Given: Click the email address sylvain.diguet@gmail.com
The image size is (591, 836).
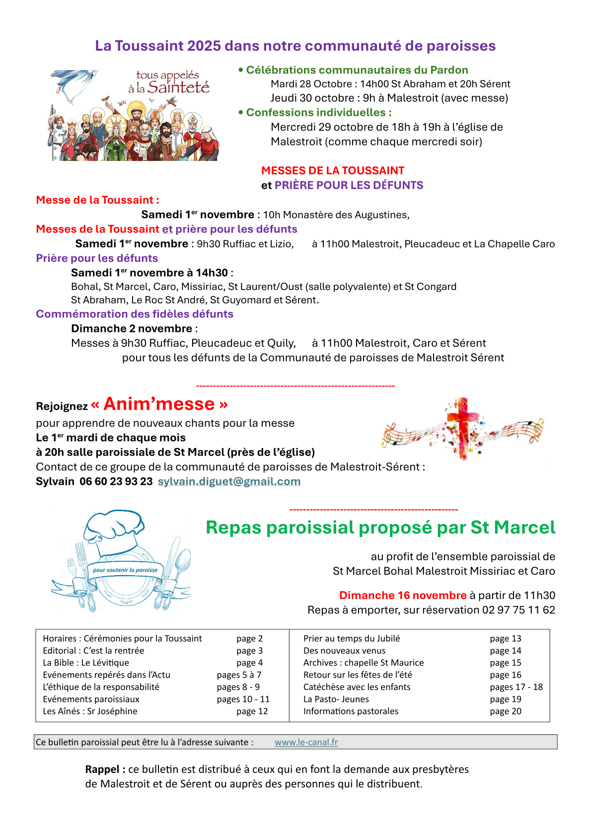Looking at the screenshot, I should [x=229, y=481].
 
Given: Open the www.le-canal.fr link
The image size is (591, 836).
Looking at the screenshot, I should [x=306, y=742].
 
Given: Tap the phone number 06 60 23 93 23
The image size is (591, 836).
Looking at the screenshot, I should [x=116, y=481].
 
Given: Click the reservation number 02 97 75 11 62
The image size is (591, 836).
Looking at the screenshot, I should [x=518, y=610].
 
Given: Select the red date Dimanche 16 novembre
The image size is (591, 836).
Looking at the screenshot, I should [x=403, y=595].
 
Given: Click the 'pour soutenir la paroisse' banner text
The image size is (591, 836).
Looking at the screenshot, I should [x=125, y=570].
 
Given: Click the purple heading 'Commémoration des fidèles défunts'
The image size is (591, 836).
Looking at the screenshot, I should [x=135, y=314].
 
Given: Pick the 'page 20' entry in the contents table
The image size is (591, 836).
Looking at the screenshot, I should [x=506, y=711].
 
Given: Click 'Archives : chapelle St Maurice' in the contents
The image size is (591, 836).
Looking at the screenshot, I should [x=364, y=663].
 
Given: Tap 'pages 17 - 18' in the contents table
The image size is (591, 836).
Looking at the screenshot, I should [x=516, y=687].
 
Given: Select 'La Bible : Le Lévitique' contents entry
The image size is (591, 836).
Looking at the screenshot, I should [x=86, y=663].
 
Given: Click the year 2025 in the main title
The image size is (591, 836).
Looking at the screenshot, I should [x=204, y=46].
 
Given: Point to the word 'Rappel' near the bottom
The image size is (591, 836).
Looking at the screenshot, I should [x=102, y=769].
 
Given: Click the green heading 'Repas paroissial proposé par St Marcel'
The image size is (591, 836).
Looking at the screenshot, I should [x=380, y=528].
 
